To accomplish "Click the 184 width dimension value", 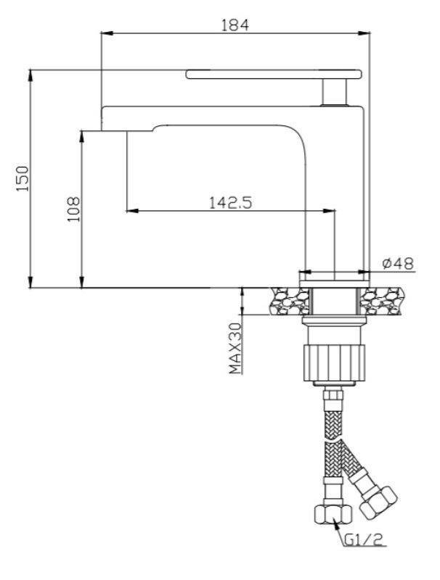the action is click(235, 25).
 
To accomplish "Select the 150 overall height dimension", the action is click(23, 178).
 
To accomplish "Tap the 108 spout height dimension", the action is click(73, 209).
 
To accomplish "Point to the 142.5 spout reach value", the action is click(230, 202).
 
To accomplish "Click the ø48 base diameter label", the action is click(398, 263).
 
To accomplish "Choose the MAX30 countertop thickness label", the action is click(235, 348).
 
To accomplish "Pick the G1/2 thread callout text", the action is click(363, 540).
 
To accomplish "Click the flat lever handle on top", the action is click(274, 74).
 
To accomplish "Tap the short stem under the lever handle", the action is click(335, 92).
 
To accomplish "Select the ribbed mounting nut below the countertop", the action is click(334, 362).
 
